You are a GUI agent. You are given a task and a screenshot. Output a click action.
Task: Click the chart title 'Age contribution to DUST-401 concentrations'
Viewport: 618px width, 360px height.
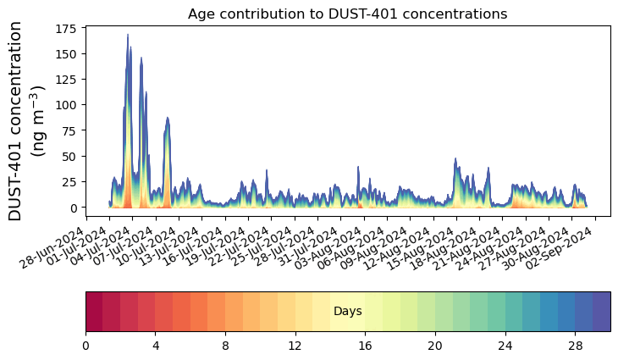coord(347,14)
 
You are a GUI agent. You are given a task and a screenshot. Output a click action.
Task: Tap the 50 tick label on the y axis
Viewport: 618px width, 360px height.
coord(73,157)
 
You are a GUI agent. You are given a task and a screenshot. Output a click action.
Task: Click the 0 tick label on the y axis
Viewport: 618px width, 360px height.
coord(76,208)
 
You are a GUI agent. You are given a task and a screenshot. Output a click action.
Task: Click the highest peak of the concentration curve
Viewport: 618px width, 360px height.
coord(128,36)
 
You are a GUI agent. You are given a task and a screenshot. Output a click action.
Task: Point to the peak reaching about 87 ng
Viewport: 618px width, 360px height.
coord(168,119)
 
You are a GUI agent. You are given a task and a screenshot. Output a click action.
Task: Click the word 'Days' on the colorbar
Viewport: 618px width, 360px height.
coord(347,312)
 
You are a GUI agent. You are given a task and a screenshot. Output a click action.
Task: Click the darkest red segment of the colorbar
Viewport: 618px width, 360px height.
coord(94,311)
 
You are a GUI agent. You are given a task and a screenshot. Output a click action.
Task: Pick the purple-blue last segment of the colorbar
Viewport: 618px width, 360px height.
coord(601,311)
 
